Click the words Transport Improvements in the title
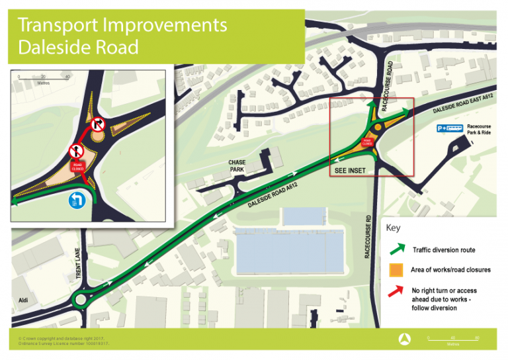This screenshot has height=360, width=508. (122, 25)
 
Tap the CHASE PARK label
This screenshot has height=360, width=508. (237, 166)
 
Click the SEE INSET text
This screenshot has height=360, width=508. (349, 171)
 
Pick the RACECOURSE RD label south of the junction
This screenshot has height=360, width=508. (368, 236)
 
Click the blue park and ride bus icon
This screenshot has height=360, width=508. (447, 128)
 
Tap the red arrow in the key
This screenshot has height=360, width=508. (396, 291)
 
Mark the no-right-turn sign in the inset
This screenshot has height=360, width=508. (99, 124)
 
